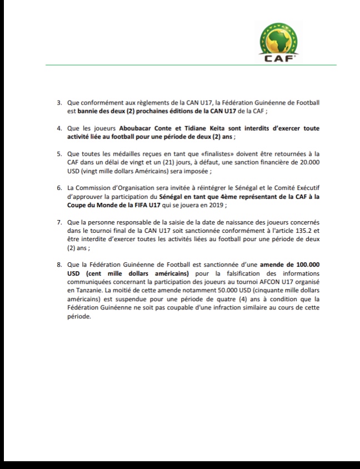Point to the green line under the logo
191,66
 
